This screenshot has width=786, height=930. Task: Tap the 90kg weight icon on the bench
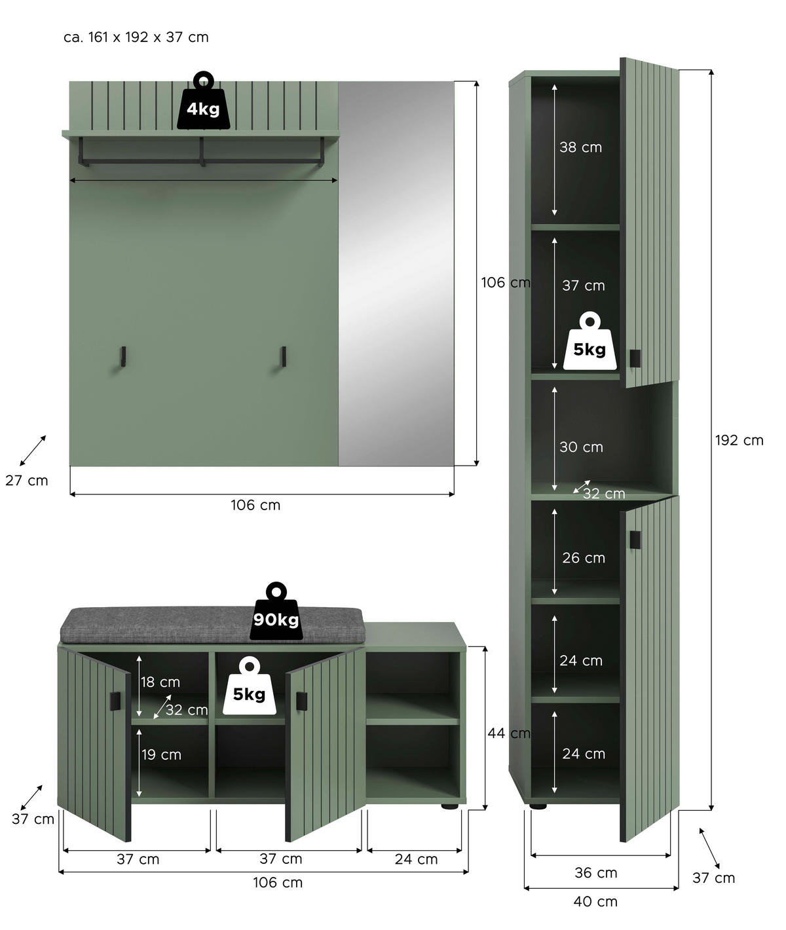(275, 613)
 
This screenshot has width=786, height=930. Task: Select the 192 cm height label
(739, 441)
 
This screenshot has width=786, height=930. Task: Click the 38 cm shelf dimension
(580, 147)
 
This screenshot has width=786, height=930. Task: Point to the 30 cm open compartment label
(581, 447)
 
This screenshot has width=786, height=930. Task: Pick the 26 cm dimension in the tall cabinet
(583, 558)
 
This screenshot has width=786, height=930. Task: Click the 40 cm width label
(595, 902)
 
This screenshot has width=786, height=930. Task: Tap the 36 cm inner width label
(595, 873)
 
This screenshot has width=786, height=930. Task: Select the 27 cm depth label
(27, 481)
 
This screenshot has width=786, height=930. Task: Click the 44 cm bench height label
(508, 734)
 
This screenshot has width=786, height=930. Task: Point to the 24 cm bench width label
(416, 859)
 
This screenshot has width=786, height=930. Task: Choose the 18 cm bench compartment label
(160, 682)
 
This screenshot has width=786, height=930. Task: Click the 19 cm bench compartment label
(161, 755)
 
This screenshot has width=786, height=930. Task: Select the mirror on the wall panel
(396, 274)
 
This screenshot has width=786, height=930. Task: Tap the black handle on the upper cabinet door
(634, 358)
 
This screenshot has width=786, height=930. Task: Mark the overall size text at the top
(136, 37)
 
